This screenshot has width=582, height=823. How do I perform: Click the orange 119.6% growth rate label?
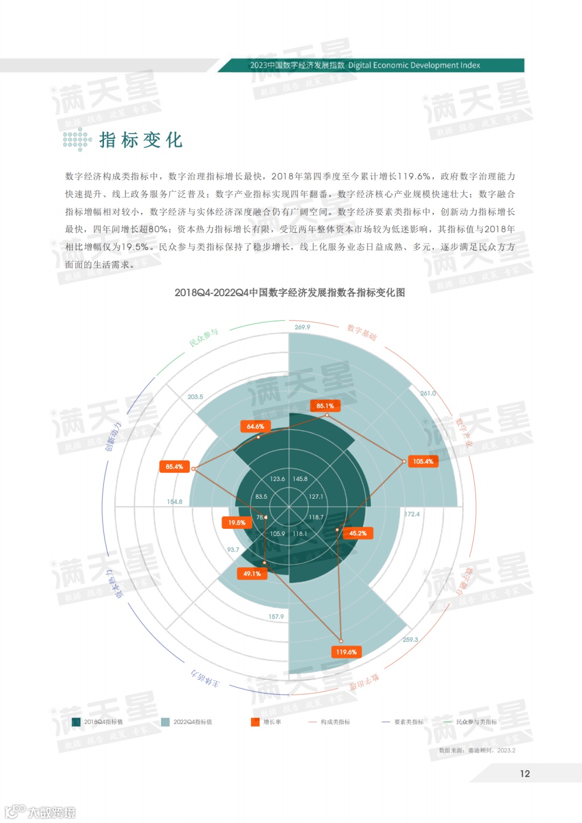[x=346, y=652]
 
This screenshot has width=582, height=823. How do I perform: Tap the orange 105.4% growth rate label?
[x=423, y=462]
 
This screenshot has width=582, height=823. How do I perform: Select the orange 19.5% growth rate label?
[x=236, y=522]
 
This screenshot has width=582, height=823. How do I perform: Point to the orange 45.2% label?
[x=358, y=533]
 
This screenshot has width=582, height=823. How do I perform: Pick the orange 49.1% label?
[x=252, y=574]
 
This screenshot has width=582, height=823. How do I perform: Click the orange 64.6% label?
[x=255, y=427]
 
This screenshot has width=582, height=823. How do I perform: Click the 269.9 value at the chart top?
[x=302, y=327]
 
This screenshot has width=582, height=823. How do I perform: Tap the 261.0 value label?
[x=428, y=393]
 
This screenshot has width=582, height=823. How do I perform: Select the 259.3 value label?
[x=410, y=639]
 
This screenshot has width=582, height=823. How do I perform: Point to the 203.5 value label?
[x=195, y=397]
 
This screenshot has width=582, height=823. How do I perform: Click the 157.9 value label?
[x=276, y=617]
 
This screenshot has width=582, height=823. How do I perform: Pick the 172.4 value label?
[x=412, y=514]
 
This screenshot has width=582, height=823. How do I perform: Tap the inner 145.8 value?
[x=300, y=479]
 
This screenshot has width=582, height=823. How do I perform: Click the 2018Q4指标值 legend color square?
[x=76, y=722]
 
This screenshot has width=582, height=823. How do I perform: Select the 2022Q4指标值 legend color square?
[x=165, y=722]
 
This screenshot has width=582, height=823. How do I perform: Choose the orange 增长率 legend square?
[x=255, y=722]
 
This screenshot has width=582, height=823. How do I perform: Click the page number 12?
[x=525, y=773]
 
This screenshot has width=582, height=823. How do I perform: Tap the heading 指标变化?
[x=141, y=140]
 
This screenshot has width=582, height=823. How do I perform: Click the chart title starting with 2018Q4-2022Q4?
[x=289, y=292]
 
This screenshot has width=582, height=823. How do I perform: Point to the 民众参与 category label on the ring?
[x=204, y=338]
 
